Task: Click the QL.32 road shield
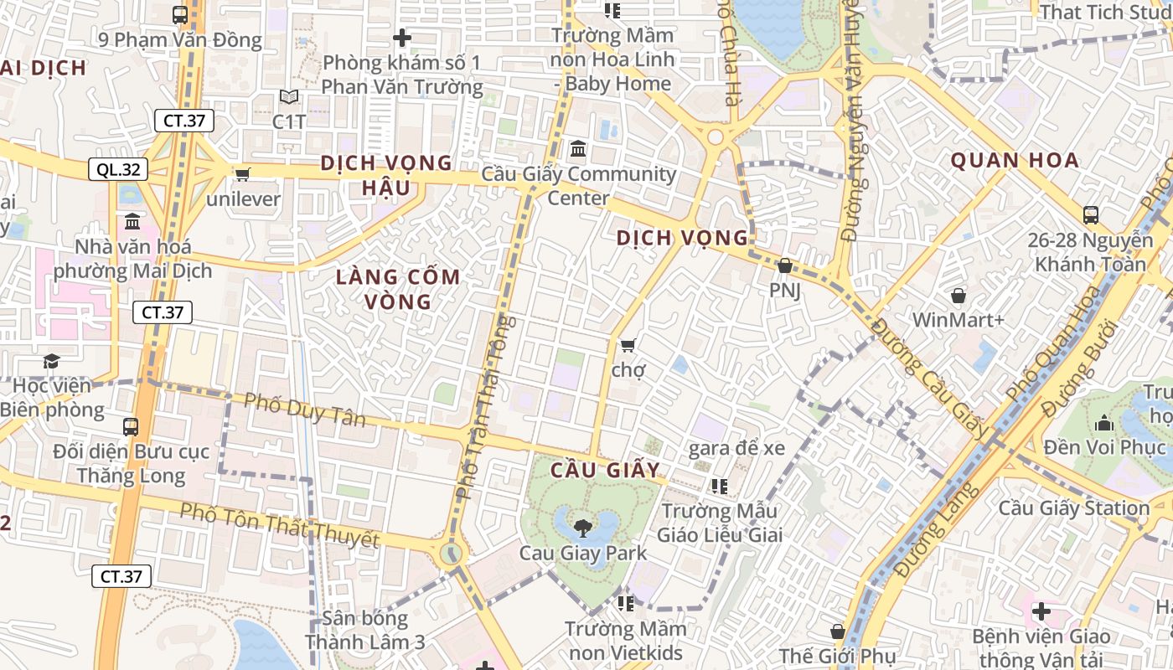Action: pos(118,170)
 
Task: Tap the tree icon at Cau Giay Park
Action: pos(582,528)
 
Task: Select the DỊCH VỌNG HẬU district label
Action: pos(386,175)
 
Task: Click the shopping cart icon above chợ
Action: pos(628,345)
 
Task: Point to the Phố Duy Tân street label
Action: pos(305,410)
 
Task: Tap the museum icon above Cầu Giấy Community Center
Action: pos(578,149)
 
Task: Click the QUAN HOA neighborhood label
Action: pos(1015,161)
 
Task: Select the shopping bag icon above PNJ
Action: pos(785,266)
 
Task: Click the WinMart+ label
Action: pos(957,320)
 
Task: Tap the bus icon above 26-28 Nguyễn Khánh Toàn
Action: pos(1091,214)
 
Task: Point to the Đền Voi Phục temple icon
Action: pos(1104,422)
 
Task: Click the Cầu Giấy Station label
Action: pos(1073,508)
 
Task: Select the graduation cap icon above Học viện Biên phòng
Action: pos(52,361)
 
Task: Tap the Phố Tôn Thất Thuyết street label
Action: pos(280,525)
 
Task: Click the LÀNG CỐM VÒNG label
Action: pos(399,289)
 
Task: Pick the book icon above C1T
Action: pos(289,97)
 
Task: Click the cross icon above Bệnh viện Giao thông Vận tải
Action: pos(1041,611)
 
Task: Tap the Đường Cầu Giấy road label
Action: pos(930,378)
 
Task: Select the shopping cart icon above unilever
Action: pos(243,174)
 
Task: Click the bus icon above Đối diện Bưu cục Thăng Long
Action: pos(131,426)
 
